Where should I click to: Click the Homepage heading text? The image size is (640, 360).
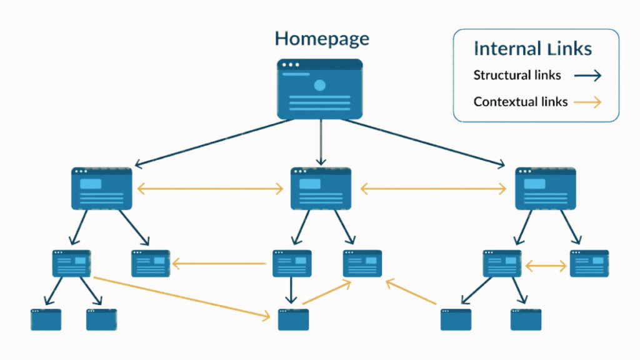tap(322, 39)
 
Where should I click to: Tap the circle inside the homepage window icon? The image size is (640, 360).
tap(320, 86)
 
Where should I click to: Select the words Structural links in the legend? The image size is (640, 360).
tap(517, 76)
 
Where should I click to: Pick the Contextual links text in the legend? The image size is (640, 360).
tap(520, 101)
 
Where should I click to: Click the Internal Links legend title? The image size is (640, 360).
tap(532, 48)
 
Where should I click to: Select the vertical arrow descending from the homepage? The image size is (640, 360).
tap(321, 142)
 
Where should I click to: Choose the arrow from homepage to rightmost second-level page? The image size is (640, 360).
tap(425, 142)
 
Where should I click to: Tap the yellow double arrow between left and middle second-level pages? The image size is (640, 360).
tap(211, 187)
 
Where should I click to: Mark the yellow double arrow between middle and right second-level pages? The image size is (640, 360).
tap(433, 187)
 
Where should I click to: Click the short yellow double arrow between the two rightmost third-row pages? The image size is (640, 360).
tap(546, 266)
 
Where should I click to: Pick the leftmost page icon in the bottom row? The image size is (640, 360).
tap(46, 319)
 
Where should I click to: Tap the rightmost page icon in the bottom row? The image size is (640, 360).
tap(526, 319)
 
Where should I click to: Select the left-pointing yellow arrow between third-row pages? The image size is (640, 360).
tap(219, 264)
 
